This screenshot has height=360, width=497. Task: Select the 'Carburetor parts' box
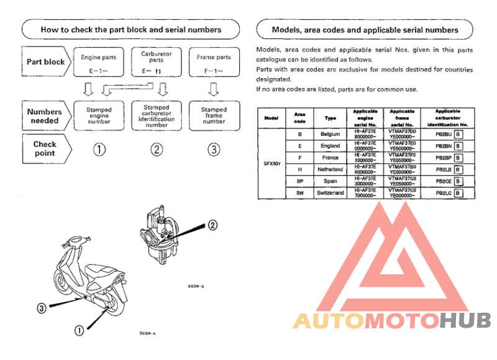click(156, 61)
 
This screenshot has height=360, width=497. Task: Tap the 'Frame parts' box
click(214, 61)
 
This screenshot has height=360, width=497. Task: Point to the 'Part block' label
click(45, 62)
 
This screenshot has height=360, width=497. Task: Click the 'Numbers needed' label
click(45, 116)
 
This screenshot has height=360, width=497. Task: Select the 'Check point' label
click(45, 148)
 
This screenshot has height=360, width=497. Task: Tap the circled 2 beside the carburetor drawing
click(212, 225)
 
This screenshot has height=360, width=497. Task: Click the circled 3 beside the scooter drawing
click(42, 307)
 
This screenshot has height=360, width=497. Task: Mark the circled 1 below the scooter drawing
click(79, 330)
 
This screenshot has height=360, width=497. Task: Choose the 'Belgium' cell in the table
click(330, 134)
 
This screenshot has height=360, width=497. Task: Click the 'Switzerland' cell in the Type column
click(330, 193)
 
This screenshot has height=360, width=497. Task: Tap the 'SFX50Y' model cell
click(271, 164)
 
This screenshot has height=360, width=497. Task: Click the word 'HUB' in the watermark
click(465, 321)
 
